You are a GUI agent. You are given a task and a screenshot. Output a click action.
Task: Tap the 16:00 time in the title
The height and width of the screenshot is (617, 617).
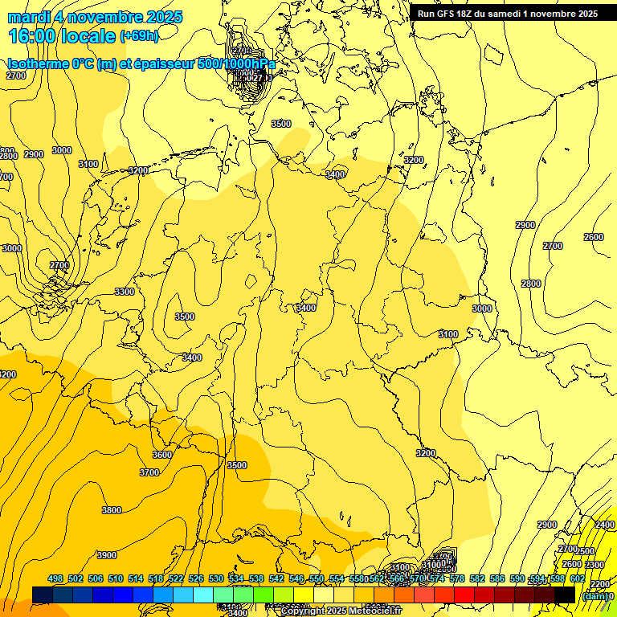click(x=33, y=36)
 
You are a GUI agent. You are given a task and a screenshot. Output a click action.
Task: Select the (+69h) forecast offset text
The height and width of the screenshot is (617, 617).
click(x=139, y=36)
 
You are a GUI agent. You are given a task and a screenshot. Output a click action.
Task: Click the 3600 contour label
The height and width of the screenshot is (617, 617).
click(x=161, y=455)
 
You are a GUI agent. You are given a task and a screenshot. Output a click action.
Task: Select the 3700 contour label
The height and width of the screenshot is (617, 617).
click(x=149, y=473)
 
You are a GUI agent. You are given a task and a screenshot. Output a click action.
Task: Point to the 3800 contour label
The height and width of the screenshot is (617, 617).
click(x=111, y=510)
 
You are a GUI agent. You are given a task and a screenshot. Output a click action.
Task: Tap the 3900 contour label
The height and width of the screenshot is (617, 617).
click(x=106, y=555)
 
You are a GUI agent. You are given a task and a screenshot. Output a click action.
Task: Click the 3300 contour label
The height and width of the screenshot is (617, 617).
click(x=125, y=292)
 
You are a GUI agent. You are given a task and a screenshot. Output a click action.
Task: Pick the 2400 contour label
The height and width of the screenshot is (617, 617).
click(x=604, y=525)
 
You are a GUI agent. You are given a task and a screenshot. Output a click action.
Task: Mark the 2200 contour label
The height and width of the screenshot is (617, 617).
click(x=599, y=584)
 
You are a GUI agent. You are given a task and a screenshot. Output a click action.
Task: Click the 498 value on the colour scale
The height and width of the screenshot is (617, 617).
click(x=55, y=578)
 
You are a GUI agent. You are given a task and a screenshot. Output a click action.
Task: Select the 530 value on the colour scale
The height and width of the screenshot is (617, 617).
click(x=216, y=578)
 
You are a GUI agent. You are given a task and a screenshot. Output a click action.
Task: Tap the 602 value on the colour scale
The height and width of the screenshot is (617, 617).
click(x=578, y=578)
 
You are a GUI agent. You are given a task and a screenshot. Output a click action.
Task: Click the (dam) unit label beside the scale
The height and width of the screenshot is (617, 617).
click(x=595, y=596)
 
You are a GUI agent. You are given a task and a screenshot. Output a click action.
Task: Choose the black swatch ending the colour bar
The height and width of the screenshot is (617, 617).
click(x=565, y=595)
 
